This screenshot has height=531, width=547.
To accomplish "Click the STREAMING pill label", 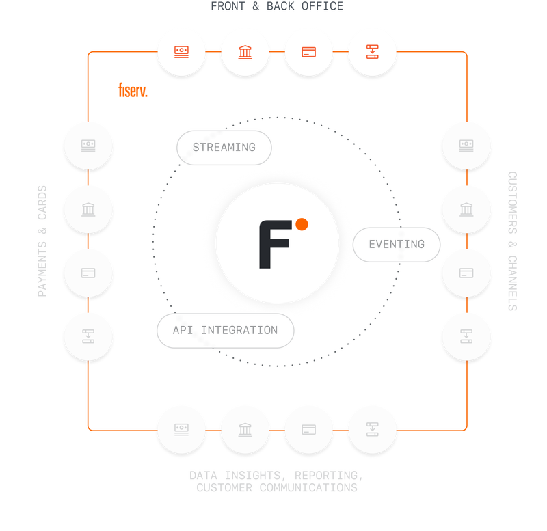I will click(224, 147).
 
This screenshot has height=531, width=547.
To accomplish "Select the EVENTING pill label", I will click(396, 244).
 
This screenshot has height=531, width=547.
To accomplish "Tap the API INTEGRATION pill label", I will click(225, 330).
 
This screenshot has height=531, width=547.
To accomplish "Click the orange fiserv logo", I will click(132, 90).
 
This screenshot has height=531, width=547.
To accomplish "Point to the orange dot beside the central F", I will click(302, 223).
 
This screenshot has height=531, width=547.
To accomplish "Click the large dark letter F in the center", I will click(273, 244).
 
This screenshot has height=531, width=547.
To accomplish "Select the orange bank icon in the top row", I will click(245, 51).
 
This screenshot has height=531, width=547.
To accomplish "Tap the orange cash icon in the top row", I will click(181, 51).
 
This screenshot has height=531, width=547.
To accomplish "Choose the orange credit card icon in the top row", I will click(308, 51).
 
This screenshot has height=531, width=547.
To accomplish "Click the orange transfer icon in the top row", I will click(372, 51).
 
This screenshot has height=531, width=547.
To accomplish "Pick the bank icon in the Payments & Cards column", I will click(88, 208).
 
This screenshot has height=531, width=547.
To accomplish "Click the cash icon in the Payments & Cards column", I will click(88, 145).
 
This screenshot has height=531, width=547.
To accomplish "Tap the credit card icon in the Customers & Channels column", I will click(466, 273).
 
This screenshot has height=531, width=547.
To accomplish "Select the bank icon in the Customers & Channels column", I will click(466, 208).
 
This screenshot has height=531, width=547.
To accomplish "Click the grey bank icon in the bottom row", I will click(245, 430).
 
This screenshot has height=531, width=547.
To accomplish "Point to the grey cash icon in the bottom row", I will click(181, 430).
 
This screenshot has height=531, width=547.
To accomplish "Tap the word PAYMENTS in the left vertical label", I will click(42, 268).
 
